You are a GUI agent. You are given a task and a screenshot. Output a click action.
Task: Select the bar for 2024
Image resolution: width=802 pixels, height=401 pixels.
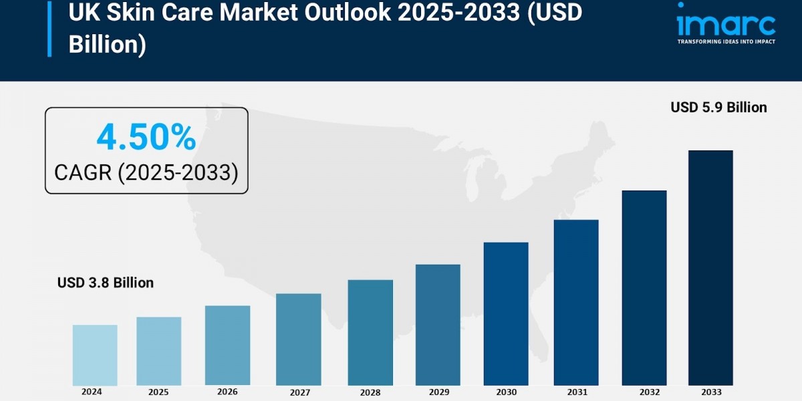95,355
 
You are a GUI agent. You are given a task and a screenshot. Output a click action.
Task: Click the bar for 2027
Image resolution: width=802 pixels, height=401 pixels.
298,340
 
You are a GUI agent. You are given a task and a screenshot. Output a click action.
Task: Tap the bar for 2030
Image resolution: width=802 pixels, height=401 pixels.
506,313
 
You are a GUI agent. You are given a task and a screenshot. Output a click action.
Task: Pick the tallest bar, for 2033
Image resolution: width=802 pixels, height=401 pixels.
710,267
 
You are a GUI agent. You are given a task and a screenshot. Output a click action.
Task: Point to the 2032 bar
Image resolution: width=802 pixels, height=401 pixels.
644,287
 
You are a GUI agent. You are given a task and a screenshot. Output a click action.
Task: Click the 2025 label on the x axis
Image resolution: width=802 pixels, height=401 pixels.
158,392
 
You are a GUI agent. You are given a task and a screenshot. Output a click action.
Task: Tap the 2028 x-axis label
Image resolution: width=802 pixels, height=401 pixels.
370,392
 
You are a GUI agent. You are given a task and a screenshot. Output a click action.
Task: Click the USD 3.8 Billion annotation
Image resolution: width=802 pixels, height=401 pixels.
106,283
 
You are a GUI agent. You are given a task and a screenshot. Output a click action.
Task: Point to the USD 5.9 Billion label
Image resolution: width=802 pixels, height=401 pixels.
718,108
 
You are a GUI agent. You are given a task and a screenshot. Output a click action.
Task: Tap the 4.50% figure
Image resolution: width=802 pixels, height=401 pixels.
146,138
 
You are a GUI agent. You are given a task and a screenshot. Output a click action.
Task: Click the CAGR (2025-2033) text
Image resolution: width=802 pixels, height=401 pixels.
146,172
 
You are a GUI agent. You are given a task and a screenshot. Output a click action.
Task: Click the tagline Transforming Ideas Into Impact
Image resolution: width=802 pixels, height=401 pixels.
726,41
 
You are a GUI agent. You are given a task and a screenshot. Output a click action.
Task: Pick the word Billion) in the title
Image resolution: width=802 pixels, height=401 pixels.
107,45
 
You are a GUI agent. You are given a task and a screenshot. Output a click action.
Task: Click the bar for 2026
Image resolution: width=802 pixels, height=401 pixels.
227,346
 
